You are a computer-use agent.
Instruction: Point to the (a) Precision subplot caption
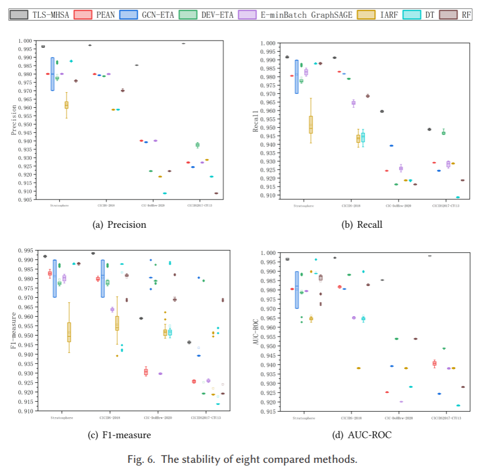click(x=119, y=225)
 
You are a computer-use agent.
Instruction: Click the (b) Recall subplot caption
click(x=363, y=225)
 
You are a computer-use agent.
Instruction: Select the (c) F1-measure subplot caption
click(x=119, y=435)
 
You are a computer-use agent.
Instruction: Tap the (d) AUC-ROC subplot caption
click(x=363, y=435)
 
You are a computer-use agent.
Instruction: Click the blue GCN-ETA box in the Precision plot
click(x=52, y=74)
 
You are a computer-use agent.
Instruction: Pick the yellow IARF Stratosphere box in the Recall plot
click(x=310, y=124)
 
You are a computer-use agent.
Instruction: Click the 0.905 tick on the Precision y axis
click(x=26, y=201)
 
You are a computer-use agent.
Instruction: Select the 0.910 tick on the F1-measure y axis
click(x=26, y=411)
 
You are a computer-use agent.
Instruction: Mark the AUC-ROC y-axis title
click(x=256, y=332)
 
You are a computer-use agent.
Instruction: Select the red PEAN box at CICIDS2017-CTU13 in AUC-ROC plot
click(x=434, y=363)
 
